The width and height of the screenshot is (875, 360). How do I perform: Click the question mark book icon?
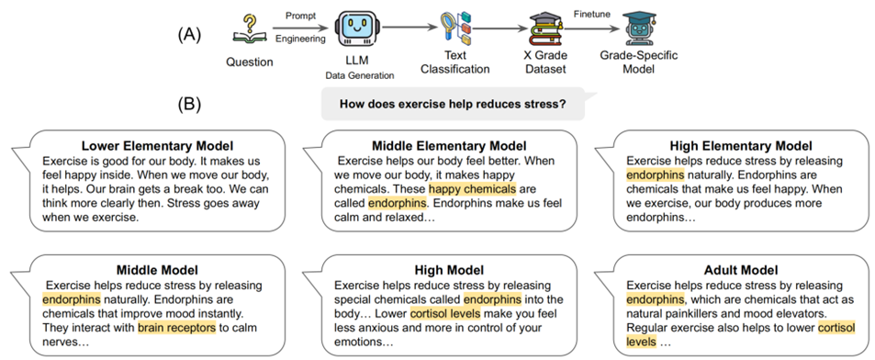pos(249,31)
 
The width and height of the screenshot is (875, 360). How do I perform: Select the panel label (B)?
pos(189,104)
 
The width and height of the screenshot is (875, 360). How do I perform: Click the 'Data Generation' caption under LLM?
pos(359,74)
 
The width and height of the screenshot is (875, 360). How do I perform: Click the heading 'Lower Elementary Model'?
pos(157,147)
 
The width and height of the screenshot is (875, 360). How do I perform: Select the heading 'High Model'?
pos(449,271)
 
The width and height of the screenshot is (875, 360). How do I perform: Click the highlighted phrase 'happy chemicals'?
pos(472,188)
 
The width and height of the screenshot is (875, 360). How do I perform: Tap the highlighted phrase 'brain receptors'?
pos(176,327)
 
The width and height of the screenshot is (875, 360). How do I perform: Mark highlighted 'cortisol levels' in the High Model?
pos(445,312)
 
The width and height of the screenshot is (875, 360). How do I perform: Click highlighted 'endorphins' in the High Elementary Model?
pos(656,174)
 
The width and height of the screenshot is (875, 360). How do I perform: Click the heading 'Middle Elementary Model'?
pos(449,147)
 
